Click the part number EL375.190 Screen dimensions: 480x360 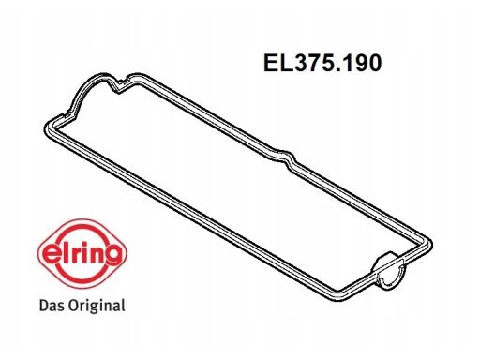pyautogui.click(x=322, y=63)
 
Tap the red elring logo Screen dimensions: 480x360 pyautogui.click(x=82, y=253)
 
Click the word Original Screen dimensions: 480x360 pyautogui.click(x=97, y=306)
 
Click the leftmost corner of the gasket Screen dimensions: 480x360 pyautogui.click(x=46, y=128)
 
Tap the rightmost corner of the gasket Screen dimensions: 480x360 pyautogui.click(x=431, y=244)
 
